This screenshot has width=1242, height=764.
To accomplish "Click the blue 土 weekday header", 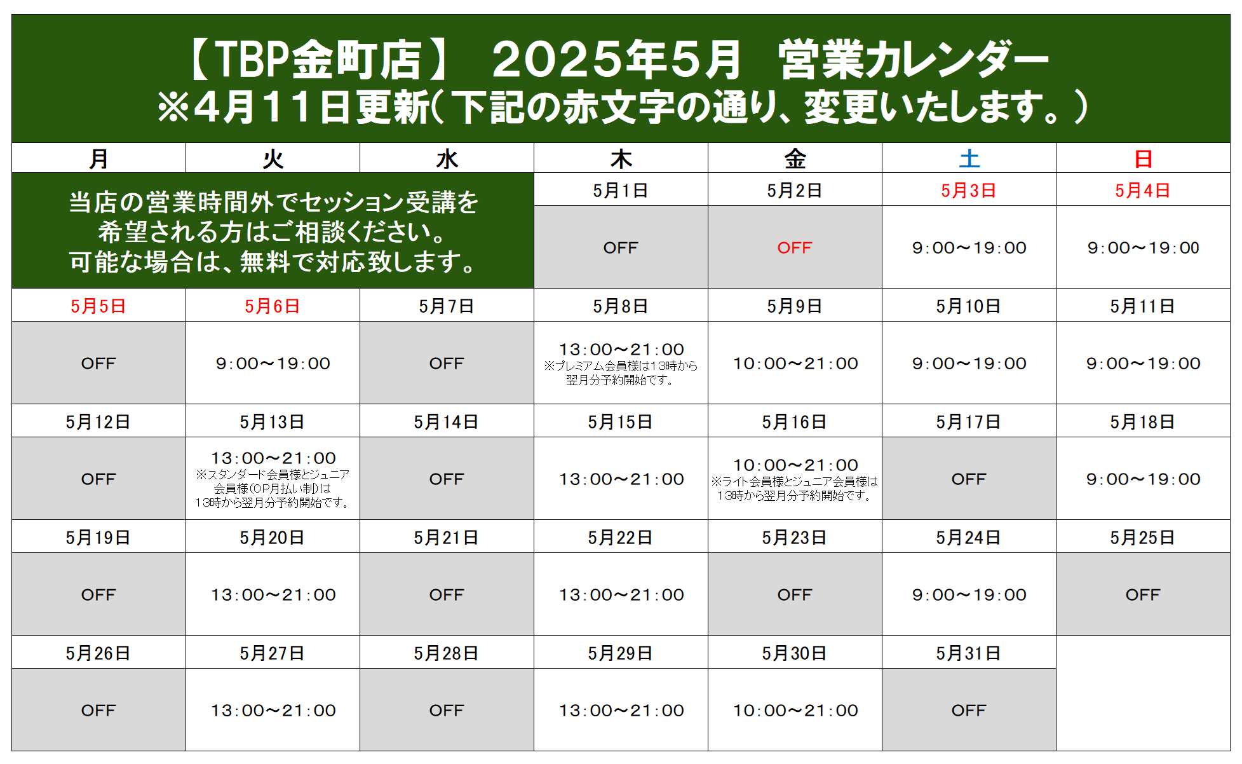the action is pos(969,158).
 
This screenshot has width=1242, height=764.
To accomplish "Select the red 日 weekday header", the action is pos(1143,158).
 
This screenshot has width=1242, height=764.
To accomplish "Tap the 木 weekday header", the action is pos(621,158).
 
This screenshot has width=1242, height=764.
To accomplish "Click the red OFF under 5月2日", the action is pos(795,248).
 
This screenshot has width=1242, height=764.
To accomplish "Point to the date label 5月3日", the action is pos(968,191).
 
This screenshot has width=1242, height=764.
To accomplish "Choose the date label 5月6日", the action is pos(273,306).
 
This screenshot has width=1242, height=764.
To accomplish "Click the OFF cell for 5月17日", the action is pos(969,479).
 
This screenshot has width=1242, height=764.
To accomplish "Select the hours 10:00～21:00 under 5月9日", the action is pos(795,364).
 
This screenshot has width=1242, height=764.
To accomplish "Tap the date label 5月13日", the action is pos(272,422).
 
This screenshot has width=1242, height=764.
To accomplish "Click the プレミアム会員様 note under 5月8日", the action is pos(621,373).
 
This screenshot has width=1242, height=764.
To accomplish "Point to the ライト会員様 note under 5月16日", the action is pos(795,489).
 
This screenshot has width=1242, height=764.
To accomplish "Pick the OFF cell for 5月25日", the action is pos(1143,595).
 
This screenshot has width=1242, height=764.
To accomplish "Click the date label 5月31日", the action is pos(968,653).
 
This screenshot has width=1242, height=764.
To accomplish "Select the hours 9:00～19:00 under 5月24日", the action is pos(969,595).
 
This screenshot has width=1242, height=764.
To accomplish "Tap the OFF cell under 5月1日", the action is pos(621,248).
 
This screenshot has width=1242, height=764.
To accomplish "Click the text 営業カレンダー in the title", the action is pos(914,60).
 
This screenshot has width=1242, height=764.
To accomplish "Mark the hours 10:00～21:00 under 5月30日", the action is pos(795,711).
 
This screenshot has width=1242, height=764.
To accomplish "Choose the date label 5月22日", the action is pos(620,538).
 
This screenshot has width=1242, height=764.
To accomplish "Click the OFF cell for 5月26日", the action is pos(98,711).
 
